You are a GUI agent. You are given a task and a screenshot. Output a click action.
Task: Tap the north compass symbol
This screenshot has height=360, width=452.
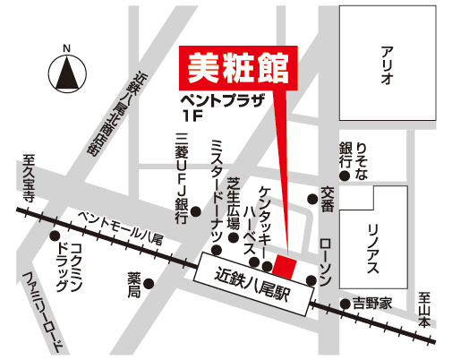pyautogui.click(x=65, y=73)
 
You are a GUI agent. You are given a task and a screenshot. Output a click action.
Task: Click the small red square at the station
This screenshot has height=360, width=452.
pyautogui.click(x=286, y=266)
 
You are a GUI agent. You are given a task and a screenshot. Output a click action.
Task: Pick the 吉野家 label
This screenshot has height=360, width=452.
pyautogui.click(x=372, y=304)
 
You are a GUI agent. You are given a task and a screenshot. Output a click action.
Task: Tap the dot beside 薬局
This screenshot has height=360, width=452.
pyautogui.click(x=149, y=285)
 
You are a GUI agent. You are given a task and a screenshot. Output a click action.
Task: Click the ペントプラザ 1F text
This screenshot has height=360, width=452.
pyautogui.click(x=222, y=106)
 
